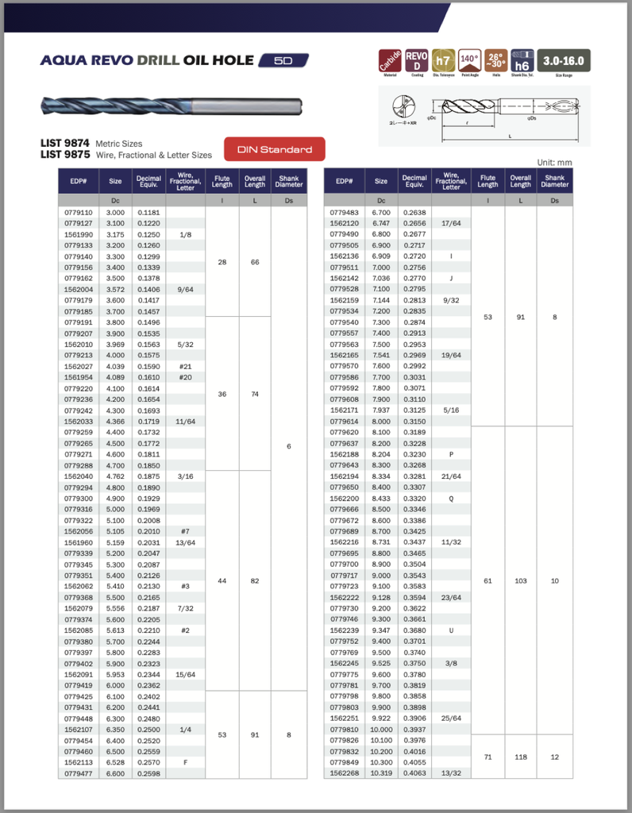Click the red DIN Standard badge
pos(275,149)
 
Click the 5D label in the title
pos(283,60)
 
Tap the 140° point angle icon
pos(470,61)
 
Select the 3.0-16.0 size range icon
pos(563,61)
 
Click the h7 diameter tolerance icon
pos(444,61)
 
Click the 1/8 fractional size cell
pos(186,235)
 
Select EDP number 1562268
pos(344,773)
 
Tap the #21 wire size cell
pos(186,367)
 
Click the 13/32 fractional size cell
pos(451,773)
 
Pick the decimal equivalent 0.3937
pos(414,729)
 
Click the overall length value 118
pos(521,757)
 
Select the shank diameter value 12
pos(555,757)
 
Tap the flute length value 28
pos(222,262)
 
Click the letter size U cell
pos(451,630)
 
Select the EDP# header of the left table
pos(79,182)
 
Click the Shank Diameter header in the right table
pos(555,182)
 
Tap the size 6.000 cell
pos(116,685)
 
